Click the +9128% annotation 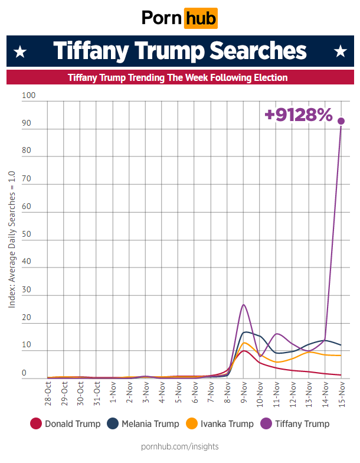tap(299, 114)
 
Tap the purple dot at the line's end tap(341, 120)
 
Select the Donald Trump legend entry tap(65, 423)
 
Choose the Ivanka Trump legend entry tap(220, 423)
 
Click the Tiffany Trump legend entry tap(295, 423)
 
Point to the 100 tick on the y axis tap(28, 96)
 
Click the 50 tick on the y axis tap(27, 234)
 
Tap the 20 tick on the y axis tap(27, 318)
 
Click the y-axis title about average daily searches tap(12, 239)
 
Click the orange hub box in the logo tap(201, 18)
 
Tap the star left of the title tap(21, 51)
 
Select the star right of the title tap(340, 51)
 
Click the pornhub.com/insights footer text tap(180, 446)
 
